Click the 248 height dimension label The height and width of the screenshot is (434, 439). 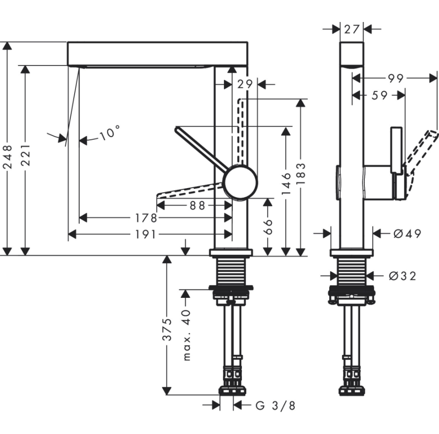[x=7, y=156]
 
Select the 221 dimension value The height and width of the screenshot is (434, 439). [x=25, y=155]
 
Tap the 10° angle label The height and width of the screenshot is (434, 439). [x=109, y=133]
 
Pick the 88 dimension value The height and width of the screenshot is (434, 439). [x=197, y=206]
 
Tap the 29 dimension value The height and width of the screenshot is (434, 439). [x=245, y=84]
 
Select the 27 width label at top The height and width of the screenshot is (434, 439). [x=352, y=29]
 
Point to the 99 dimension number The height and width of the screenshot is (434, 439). [x=396, y=78]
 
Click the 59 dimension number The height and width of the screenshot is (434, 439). [x=378, y=96]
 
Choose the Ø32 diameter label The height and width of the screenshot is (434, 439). [x=402, y=276]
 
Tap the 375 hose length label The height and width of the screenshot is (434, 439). [x=167, y=330]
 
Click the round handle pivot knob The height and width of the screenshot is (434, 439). [x=240, y=182]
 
